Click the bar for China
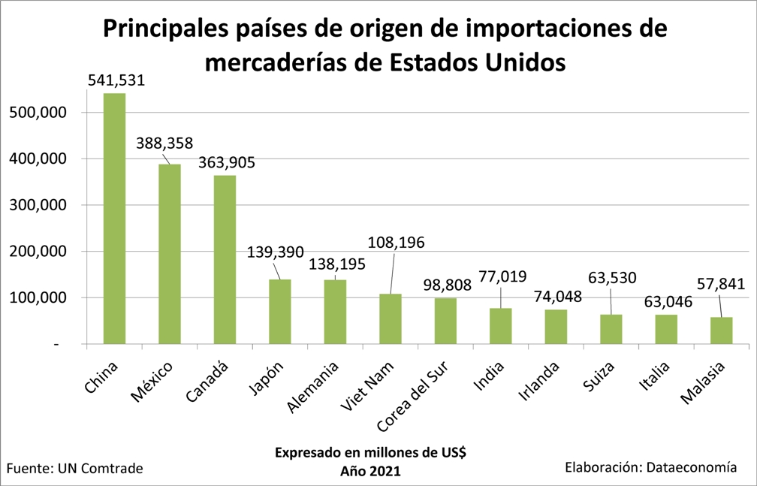114,219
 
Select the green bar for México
169,254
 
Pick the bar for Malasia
722,331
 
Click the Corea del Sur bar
445,321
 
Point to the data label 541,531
116,80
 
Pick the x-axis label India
489,377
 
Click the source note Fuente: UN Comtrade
74,469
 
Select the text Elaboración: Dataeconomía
650,467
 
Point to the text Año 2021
370,471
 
